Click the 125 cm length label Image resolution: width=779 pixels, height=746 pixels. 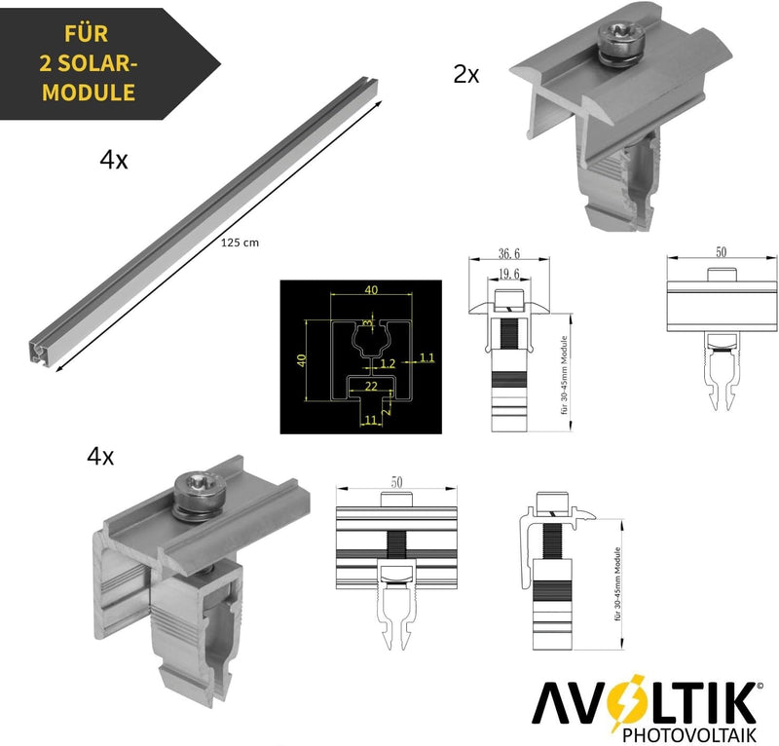pyautogui.click(x=240, y=242)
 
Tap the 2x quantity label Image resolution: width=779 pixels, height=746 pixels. pyautogui.click(x=466, y=75)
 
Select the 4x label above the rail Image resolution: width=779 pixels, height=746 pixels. pyautogui.click(x=114, y=160)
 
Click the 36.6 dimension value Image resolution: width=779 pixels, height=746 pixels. pyautogui.click(x=509, y=253)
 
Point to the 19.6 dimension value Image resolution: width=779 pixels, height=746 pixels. pyautogui.click(x=508, y=274)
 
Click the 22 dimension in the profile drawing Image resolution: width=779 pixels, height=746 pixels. pyautogui.click(x=371, y=386)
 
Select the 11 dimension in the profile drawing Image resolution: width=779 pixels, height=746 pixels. pyautogui.click(x=371, y=420)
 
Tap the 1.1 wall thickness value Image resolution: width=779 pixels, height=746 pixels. pyautogui.click(x=427, y=357)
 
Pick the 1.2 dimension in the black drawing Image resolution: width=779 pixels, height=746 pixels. pyautogui.click(x=388, y=363)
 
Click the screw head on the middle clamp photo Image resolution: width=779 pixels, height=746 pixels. pyautogui.click(x=620, y=37)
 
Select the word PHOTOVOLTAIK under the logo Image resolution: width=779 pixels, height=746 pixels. pyautogui.click(x=689, y=734)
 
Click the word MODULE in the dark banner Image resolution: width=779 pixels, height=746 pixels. pyautogui.click(x=89, y=93)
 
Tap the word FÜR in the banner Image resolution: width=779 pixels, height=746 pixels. pyautogui.click(x=86, y=34)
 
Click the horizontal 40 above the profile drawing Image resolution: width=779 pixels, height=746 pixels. pyautogui.click(x=371, y=290)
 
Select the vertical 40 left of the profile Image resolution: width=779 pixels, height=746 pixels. pyautogui.click(x=301, y=360)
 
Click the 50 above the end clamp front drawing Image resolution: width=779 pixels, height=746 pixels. pyautogui.click(x=396, y=482)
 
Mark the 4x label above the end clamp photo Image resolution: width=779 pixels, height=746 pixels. pyautogui.click(x=100, y=456)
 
